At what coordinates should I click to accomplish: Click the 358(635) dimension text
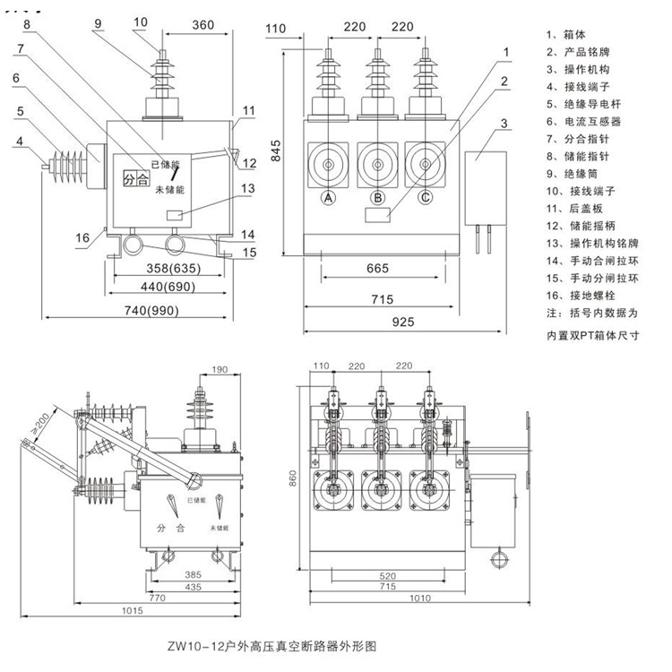click(173, 269)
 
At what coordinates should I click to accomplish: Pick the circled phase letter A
click(329, 198)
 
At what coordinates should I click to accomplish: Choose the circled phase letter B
click(378, 198)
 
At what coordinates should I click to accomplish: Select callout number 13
click(248, 188)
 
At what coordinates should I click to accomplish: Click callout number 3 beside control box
click(504, 123)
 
